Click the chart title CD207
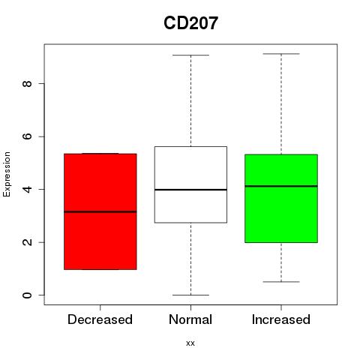pos(190,23)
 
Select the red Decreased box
pos(100,211)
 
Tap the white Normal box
pos(190,184)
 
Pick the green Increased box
pos(281,199)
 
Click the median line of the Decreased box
pos(100,211)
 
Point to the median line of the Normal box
pos(190,190)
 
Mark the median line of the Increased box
pos(281,186)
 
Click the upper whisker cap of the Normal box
pos(190,55)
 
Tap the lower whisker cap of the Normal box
pos(190,295)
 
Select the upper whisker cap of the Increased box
pos(281,54)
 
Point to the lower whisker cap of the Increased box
pos(281,282)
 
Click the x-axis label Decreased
pos(100,319)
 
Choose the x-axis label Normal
pos(190,319)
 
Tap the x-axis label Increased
pos(281,319)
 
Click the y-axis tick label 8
pos(27,83)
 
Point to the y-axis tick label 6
pos(27,136)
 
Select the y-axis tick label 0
pos(27,295)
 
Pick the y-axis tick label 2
pos(27,242)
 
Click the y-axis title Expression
pos(7,174)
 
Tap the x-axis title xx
pos(190,343)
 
